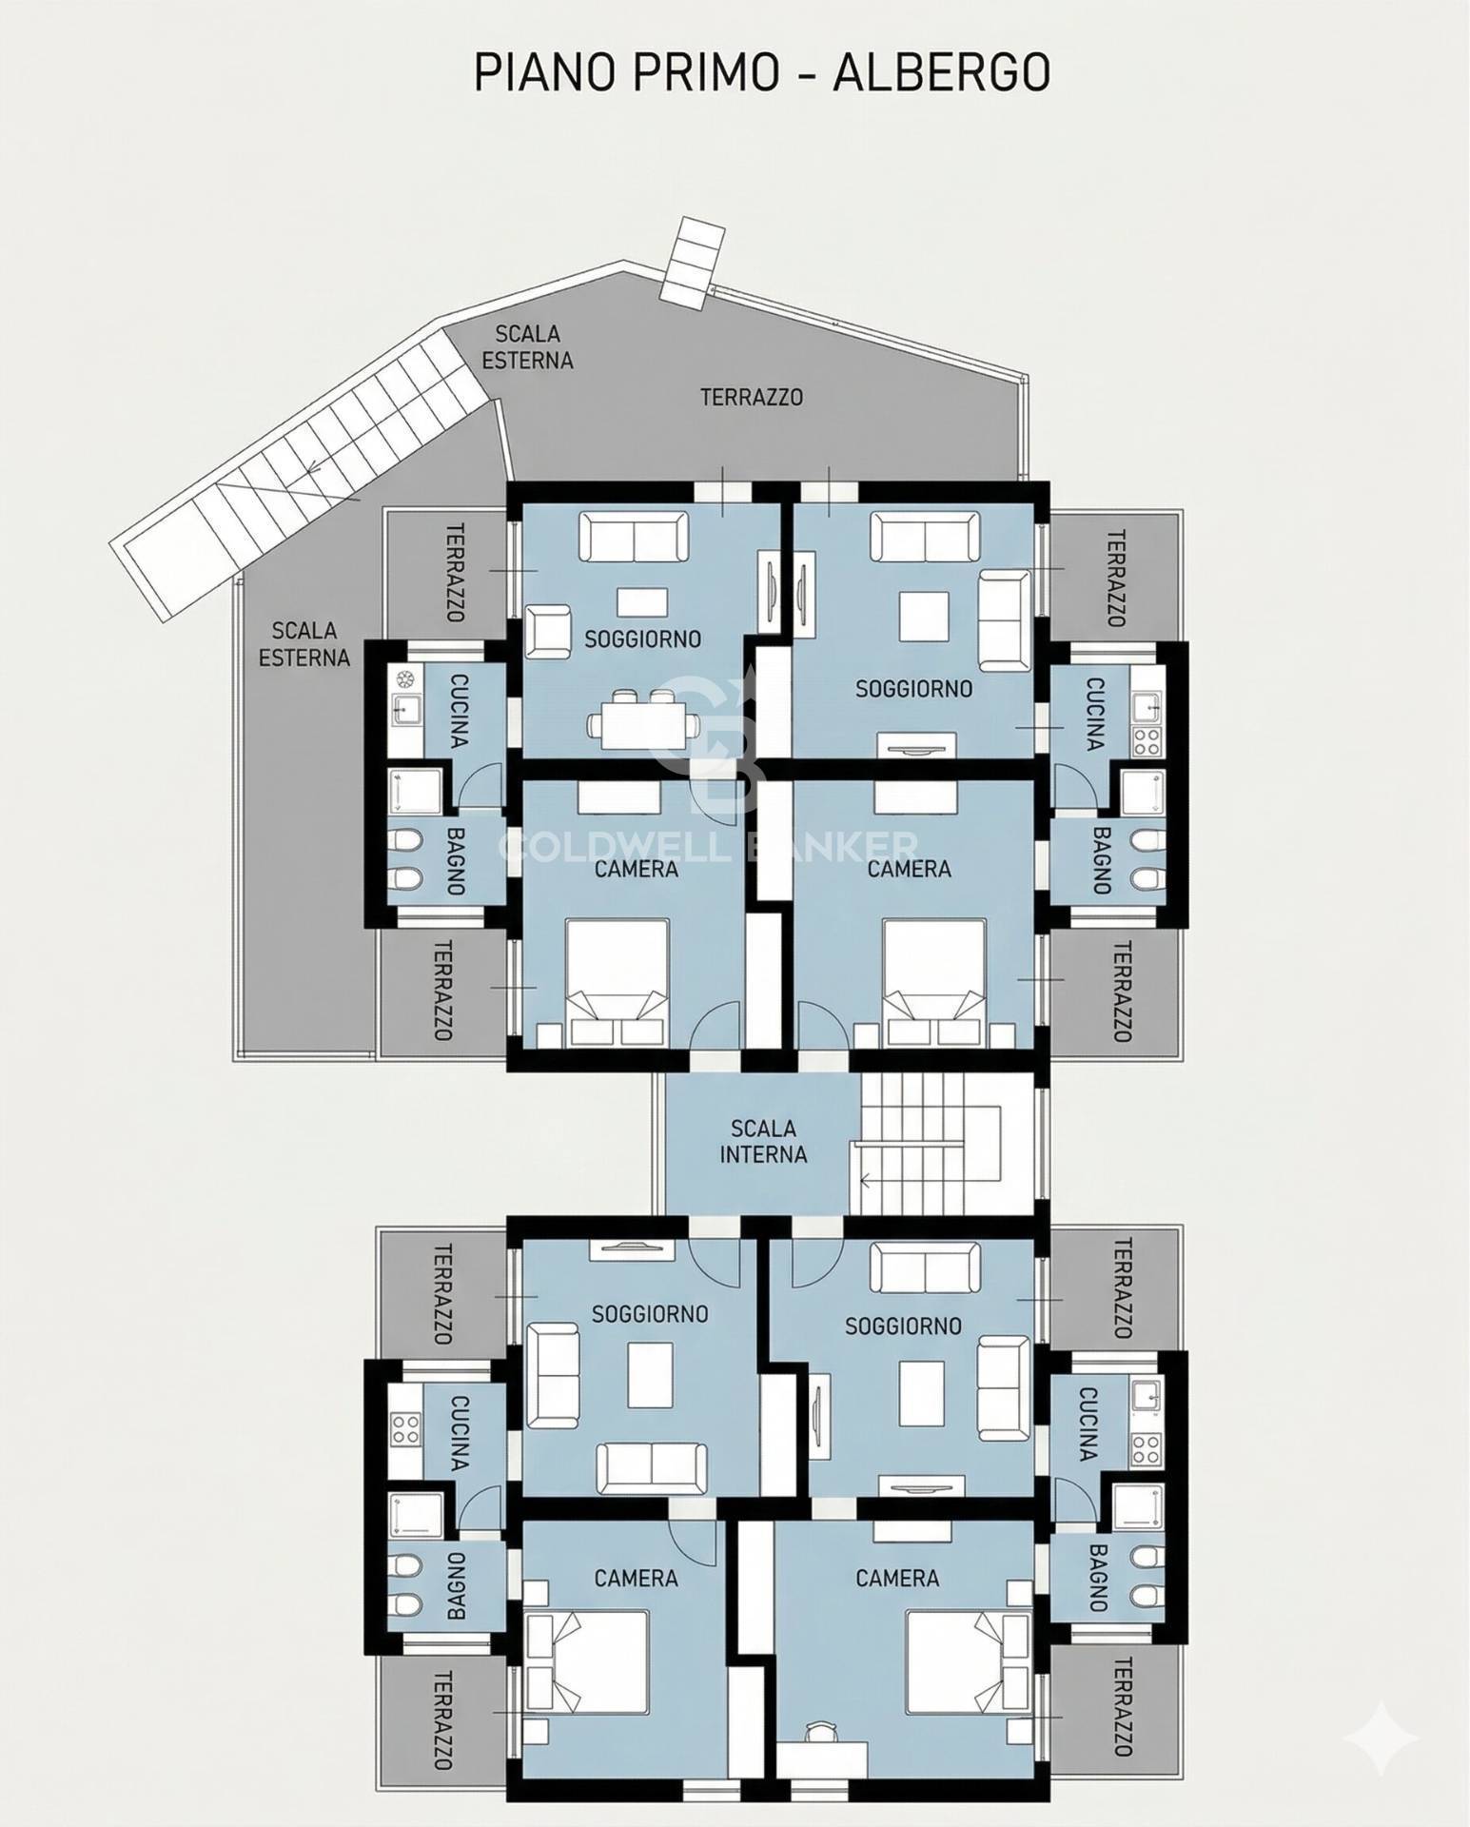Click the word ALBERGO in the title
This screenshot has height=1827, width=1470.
[941, 72]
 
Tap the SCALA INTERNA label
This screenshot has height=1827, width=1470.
[763, 1141]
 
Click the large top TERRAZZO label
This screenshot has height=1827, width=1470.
[752, 397]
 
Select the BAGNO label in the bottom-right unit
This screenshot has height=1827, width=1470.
[1099, 1578]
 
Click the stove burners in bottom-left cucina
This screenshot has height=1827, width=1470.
[406, 1425]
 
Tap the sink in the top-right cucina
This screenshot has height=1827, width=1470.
[1147, 706]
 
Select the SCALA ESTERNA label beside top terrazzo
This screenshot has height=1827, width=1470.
[527, 346]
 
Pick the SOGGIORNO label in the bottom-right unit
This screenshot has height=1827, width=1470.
[902, 1325]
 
